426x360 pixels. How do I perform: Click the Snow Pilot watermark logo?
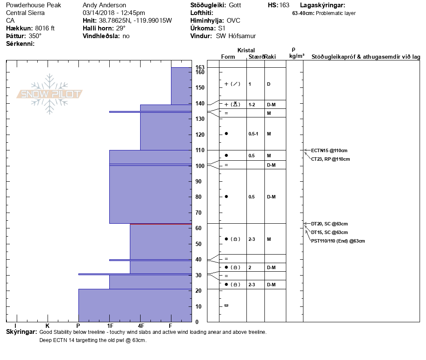coord(49,94)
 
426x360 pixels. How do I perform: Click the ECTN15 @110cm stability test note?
coord(329,150)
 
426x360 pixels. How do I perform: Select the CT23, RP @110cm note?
coord(330,159)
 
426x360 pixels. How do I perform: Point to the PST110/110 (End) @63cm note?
coord(338,241)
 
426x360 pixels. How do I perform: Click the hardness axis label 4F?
coord(141,326)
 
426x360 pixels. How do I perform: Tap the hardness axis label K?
coord(48,326)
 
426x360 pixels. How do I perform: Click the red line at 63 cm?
coord(161,224)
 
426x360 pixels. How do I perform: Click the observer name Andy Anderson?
coord(104,5)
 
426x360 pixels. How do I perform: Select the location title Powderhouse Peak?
coord(33,5)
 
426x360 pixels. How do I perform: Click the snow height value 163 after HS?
coord(284,5)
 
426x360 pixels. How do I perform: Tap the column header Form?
coord(228,57)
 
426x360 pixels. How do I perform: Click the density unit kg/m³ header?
coord(297,56)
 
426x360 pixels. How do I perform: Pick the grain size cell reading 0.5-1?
coord(253,134)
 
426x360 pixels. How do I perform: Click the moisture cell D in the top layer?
coord(268,84)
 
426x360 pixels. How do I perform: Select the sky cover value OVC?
coord(234,21)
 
